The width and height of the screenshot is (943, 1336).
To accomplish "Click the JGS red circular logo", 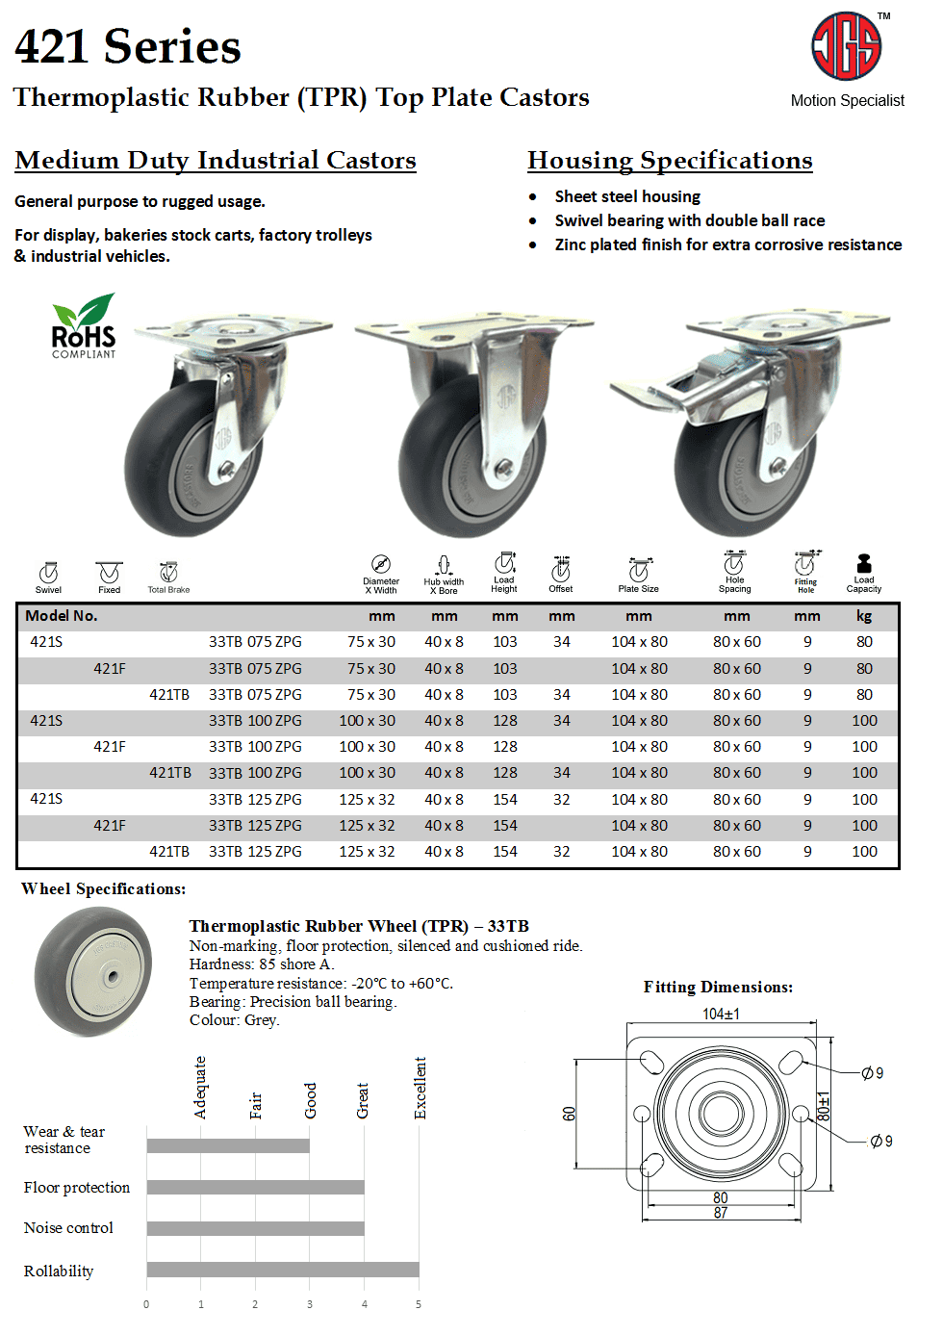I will [846, 46].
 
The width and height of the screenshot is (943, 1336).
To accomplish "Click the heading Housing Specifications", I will [670, 160].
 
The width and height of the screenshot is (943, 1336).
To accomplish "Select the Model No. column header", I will [62, 616].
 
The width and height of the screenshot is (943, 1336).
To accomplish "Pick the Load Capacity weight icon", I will [863, 564].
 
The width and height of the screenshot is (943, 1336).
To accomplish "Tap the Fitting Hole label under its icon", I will [805, 585].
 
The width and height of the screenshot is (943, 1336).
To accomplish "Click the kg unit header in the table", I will [864, 616].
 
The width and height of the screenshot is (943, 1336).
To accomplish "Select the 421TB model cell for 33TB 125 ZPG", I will [169, 852].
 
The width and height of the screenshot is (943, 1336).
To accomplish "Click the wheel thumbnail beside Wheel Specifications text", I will [93, 972].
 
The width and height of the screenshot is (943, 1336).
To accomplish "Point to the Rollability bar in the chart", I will [283, 1270].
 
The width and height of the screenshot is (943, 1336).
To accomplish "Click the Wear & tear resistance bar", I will [228, 1145].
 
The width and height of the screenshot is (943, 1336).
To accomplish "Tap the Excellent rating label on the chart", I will [421, 1088].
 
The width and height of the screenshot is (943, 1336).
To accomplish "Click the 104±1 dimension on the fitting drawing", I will [721, 1014].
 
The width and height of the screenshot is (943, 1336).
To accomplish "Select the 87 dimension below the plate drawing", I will [721, 1213].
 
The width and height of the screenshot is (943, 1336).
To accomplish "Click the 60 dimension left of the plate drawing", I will [569, 1114].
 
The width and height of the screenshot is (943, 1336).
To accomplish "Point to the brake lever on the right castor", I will [650, 392].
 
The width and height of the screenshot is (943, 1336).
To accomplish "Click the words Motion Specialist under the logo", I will [847, 100].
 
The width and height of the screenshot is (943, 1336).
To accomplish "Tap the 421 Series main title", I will [128, 46].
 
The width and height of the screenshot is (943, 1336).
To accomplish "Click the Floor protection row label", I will [77, 1188].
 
